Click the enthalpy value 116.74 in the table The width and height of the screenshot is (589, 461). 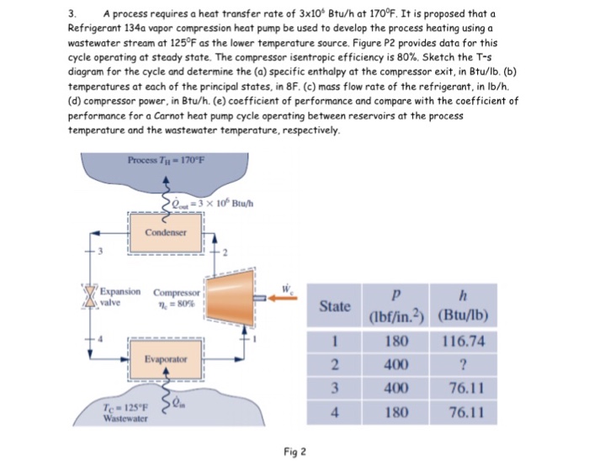tap(464, 342)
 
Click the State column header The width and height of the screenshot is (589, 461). tap(336, 306)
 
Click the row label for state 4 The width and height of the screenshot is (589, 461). tap(336, 414)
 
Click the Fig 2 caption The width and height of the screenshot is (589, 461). tap(293, 451)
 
